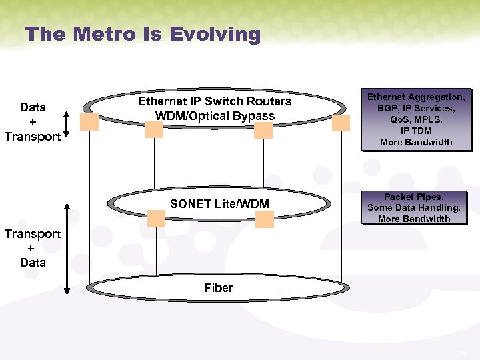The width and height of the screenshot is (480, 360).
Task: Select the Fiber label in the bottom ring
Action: (219, 288)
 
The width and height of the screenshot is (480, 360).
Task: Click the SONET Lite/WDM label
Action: (219, 204)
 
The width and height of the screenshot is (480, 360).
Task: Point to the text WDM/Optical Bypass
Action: (215, 115)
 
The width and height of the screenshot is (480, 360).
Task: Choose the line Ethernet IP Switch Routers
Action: (215, 101)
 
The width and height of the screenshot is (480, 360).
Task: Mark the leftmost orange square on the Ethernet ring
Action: (89, 122)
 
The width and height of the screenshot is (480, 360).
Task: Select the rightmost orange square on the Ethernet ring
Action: (341, 123)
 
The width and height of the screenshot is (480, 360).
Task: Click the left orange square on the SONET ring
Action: (157, 218)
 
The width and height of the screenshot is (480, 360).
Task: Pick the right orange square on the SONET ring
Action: (265, 219)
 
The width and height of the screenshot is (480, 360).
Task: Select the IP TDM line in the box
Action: (416, 131)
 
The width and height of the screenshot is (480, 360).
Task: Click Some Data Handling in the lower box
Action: (413, 207)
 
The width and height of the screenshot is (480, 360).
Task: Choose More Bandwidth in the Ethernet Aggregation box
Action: (416, 142)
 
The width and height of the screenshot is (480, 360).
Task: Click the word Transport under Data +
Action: (32, 137)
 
